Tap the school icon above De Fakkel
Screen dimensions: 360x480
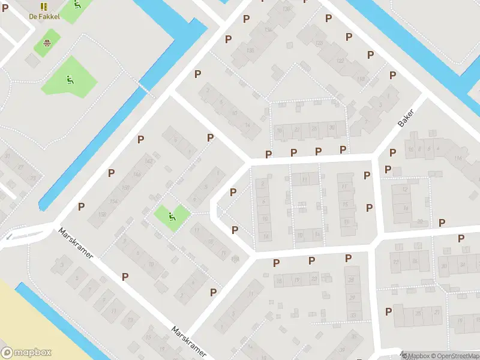tap(44, 6)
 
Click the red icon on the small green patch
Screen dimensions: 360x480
tap(47, 43)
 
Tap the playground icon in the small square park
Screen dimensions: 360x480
tap(173, 215)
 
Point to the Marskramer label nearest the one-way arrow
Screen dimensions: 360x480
tap(76, 243)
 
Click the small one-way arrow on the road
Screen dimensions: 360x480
tap(8, 237)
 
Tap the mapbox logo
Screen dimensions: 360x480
tap(26, 353)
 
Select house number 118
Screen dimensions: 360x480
tap(361, 79)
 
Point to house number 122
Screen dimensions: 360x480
tap(340, 61)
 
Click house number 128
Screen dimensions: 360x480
tap(319, 44)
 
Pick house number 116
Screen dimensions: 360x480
tap(458, 158)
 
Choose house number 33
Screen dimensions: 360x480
tap(353, 316)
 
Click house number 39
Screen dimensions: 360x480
tap(343, 350)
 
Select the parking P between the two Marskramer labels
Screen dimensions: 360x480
tap(125, 277)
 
